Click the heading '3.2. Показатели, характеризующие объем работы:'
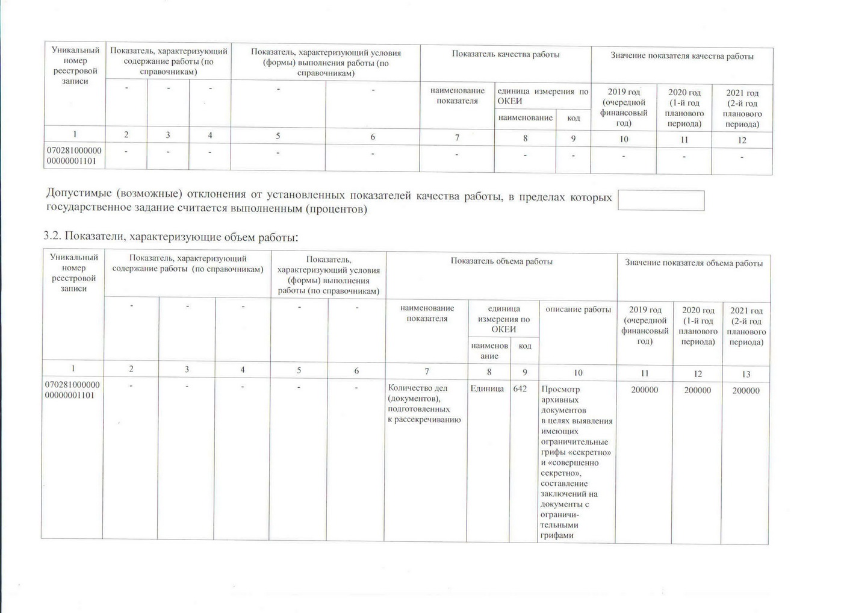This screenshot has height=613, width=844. (x=171, y=237)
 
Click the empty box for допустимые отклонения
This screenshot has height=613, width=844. (x=661, y=201)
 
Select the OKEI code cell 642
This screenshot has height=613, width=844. (x=520, y=389)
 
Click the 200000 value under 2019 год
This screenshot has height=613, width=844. (x=644, y=390)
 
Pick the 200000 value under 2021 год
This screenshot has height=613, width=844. (x=745, y=391)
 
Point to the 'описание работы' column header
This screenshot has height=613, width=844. (x=578, y=310)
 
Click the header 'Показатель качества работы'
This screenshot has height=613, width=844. (x=506, y=55)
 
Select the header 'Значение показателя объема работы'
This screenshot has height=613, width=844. (x=694, y=263)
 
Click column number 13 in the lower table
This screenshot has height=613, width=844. (x=746, y=374)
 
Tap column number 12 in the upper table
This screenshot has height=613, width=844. (x=742, y=140)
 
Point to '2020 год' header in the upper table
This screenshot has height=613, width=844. (x=684, y=108)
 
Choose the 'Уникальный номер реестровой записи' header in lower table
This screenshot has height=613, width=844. (x=73, y=273)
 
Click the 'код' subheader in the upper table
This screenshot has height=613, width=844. (x=573, y=118)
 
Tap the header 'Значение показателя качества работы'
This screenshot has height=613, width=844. (x=681, y=56)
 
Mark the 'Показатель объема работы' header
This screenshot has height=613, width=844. (x=501, y=261)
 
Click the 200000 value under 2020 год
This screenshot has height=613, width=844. (x=697, y=390)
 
